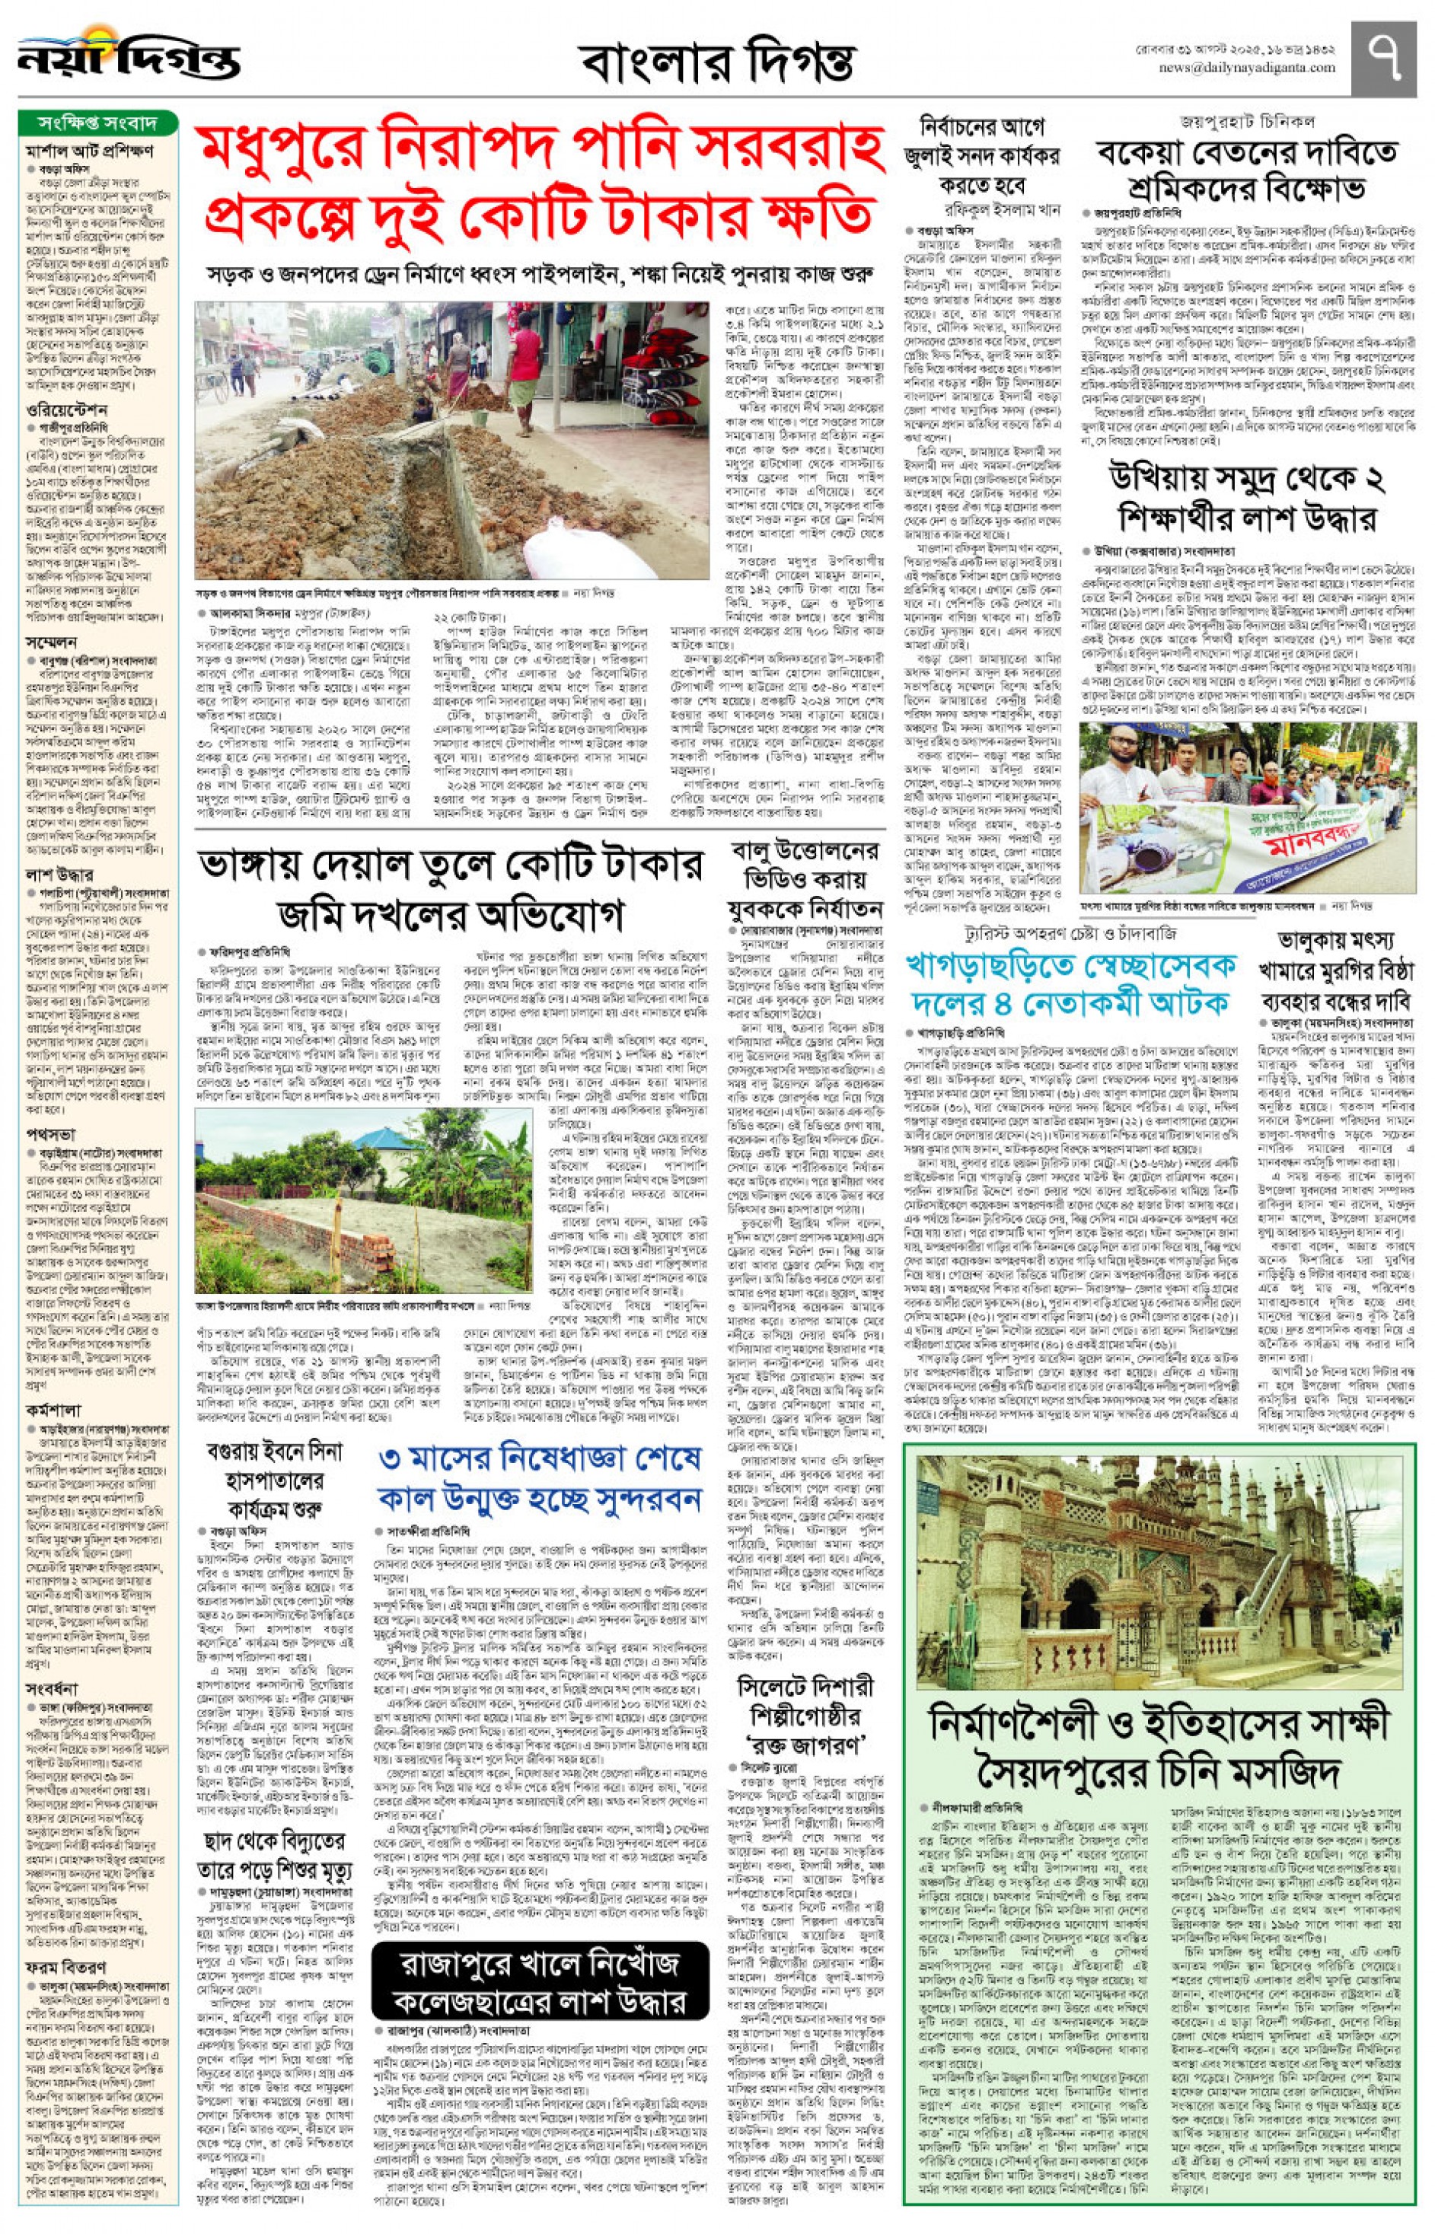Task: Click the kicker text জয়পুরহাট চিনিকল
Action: [x=1247, y=121]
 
